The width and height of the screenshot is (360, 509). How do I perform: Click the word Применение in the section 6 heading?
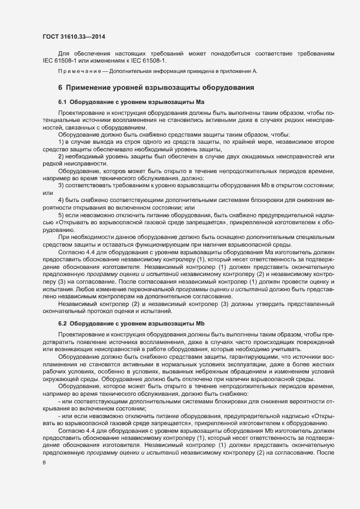point(92,87)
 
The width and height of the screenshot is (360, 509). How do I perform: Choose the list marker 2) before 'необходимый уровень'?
point(62,157)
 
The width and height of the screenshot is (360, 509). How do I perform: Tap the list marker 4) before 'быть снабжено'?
point(62,201)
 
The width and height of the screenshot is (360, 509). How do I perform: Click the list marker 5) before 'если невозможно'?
point(62,216)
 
